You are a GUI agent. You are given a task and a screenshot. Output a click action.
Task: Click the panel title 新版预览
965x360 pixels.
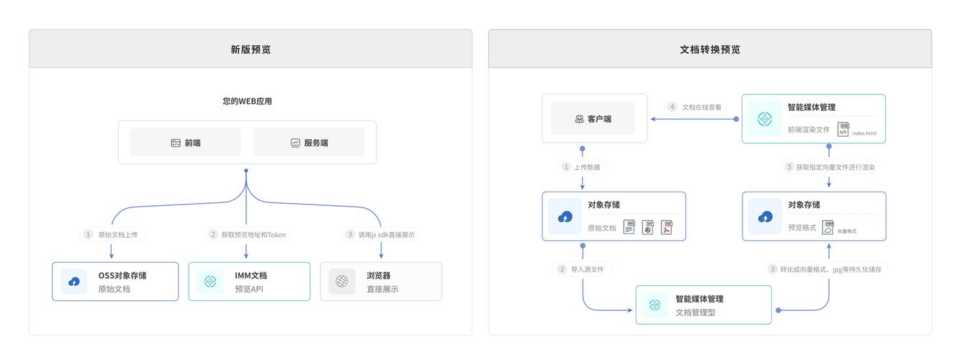[251, 50]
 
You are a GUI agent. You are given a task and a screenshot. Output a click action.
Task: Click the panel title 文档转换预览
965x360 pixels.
[709, 50]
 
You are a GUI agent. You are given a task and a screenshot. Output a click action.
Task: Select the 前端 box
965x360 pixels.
[185, 143]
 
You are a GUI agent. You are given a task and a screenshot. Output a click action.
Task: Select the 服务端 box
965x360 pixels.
[309, 143]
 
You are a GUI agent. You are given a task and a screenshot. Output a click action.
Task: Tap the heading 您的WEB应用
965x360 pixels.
[247, 102]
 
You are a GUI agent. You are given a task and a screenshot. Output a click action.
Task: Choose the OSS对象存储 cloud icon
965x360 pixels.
[73, 282]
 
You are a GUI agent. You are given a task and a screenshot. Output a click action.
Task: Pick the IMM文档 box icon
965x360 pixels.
[210, 282]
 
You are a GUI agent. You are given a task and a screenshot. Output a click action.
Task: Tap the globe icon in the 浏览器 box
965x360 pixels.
[342, 282]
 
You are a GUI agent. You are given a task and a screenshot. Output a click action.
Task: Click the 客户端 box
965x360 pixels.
[593, 119]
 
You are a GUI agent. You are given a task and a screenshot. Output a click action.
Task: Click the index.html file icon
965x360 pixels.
[844, 130]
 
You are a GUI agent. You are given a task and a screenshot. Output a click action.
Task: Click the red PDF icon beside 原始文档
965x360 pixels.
[667, 228]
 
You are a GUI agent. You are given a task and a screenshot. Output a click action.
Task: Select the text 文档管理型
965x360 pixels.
[695, 312]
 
